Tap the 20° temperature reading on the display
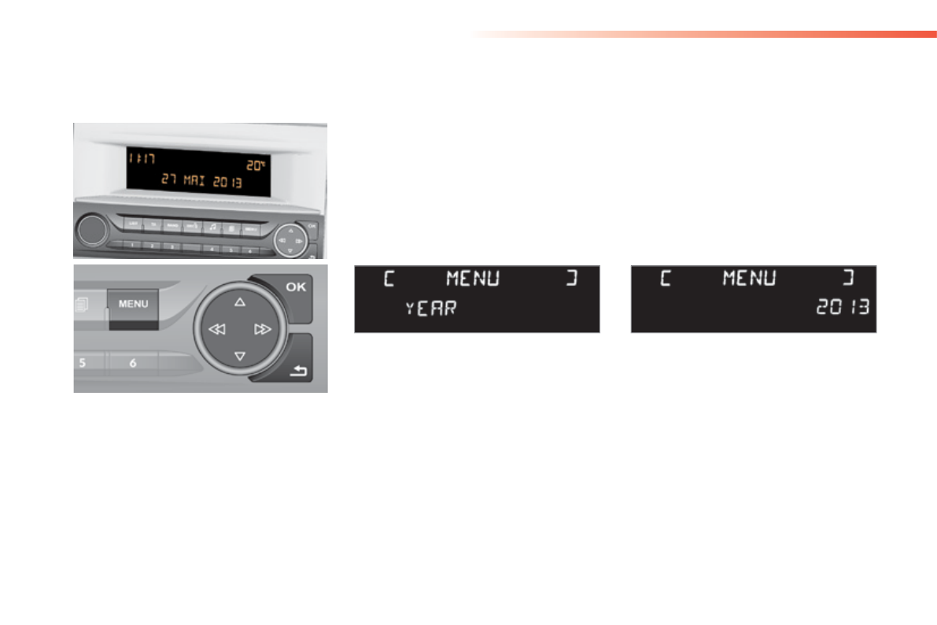256,165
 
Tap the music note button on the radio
212,226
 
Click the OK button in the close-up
296,287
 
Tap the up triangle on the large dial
240,301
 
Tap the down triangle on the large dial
240,357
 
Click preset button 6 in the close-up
132,364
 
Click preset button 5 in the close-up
82,364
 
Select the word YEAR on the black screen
430,309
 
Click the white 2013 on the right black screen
843,307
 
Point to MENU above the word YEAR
472,279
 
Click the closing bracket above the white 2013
848,279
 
